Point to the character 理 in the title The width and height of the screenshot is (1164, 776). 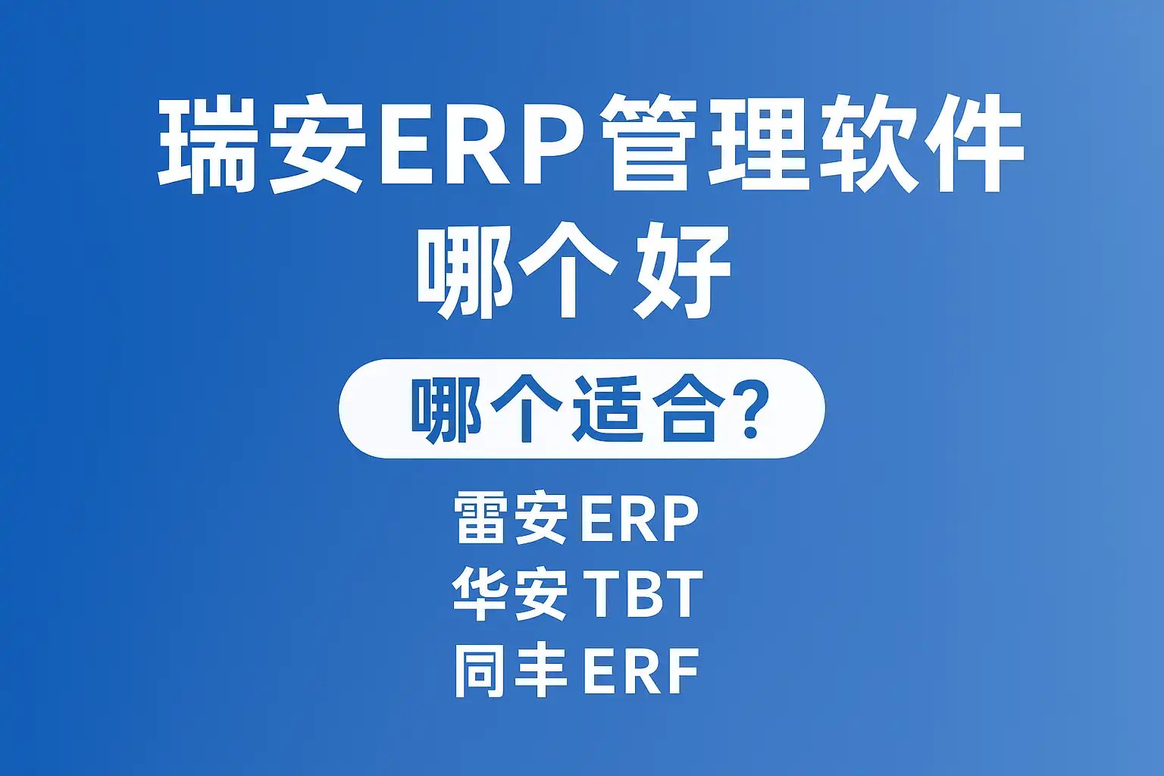pos(758,144)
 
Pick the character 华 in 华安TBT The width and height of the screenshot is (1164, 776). pos(479,593)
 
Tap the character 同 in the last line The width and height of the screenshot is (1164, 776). pos(480,671)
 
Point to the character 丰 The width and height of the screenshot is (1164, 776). pos(540,671)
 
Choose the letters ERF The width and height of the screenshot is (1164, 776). pos(641,671)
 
